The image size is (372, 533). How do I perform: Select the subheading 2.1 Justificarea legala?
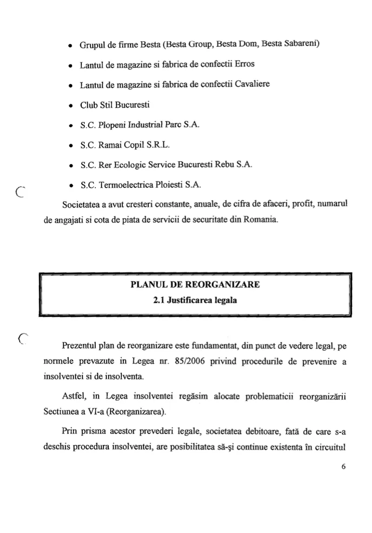195,301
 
